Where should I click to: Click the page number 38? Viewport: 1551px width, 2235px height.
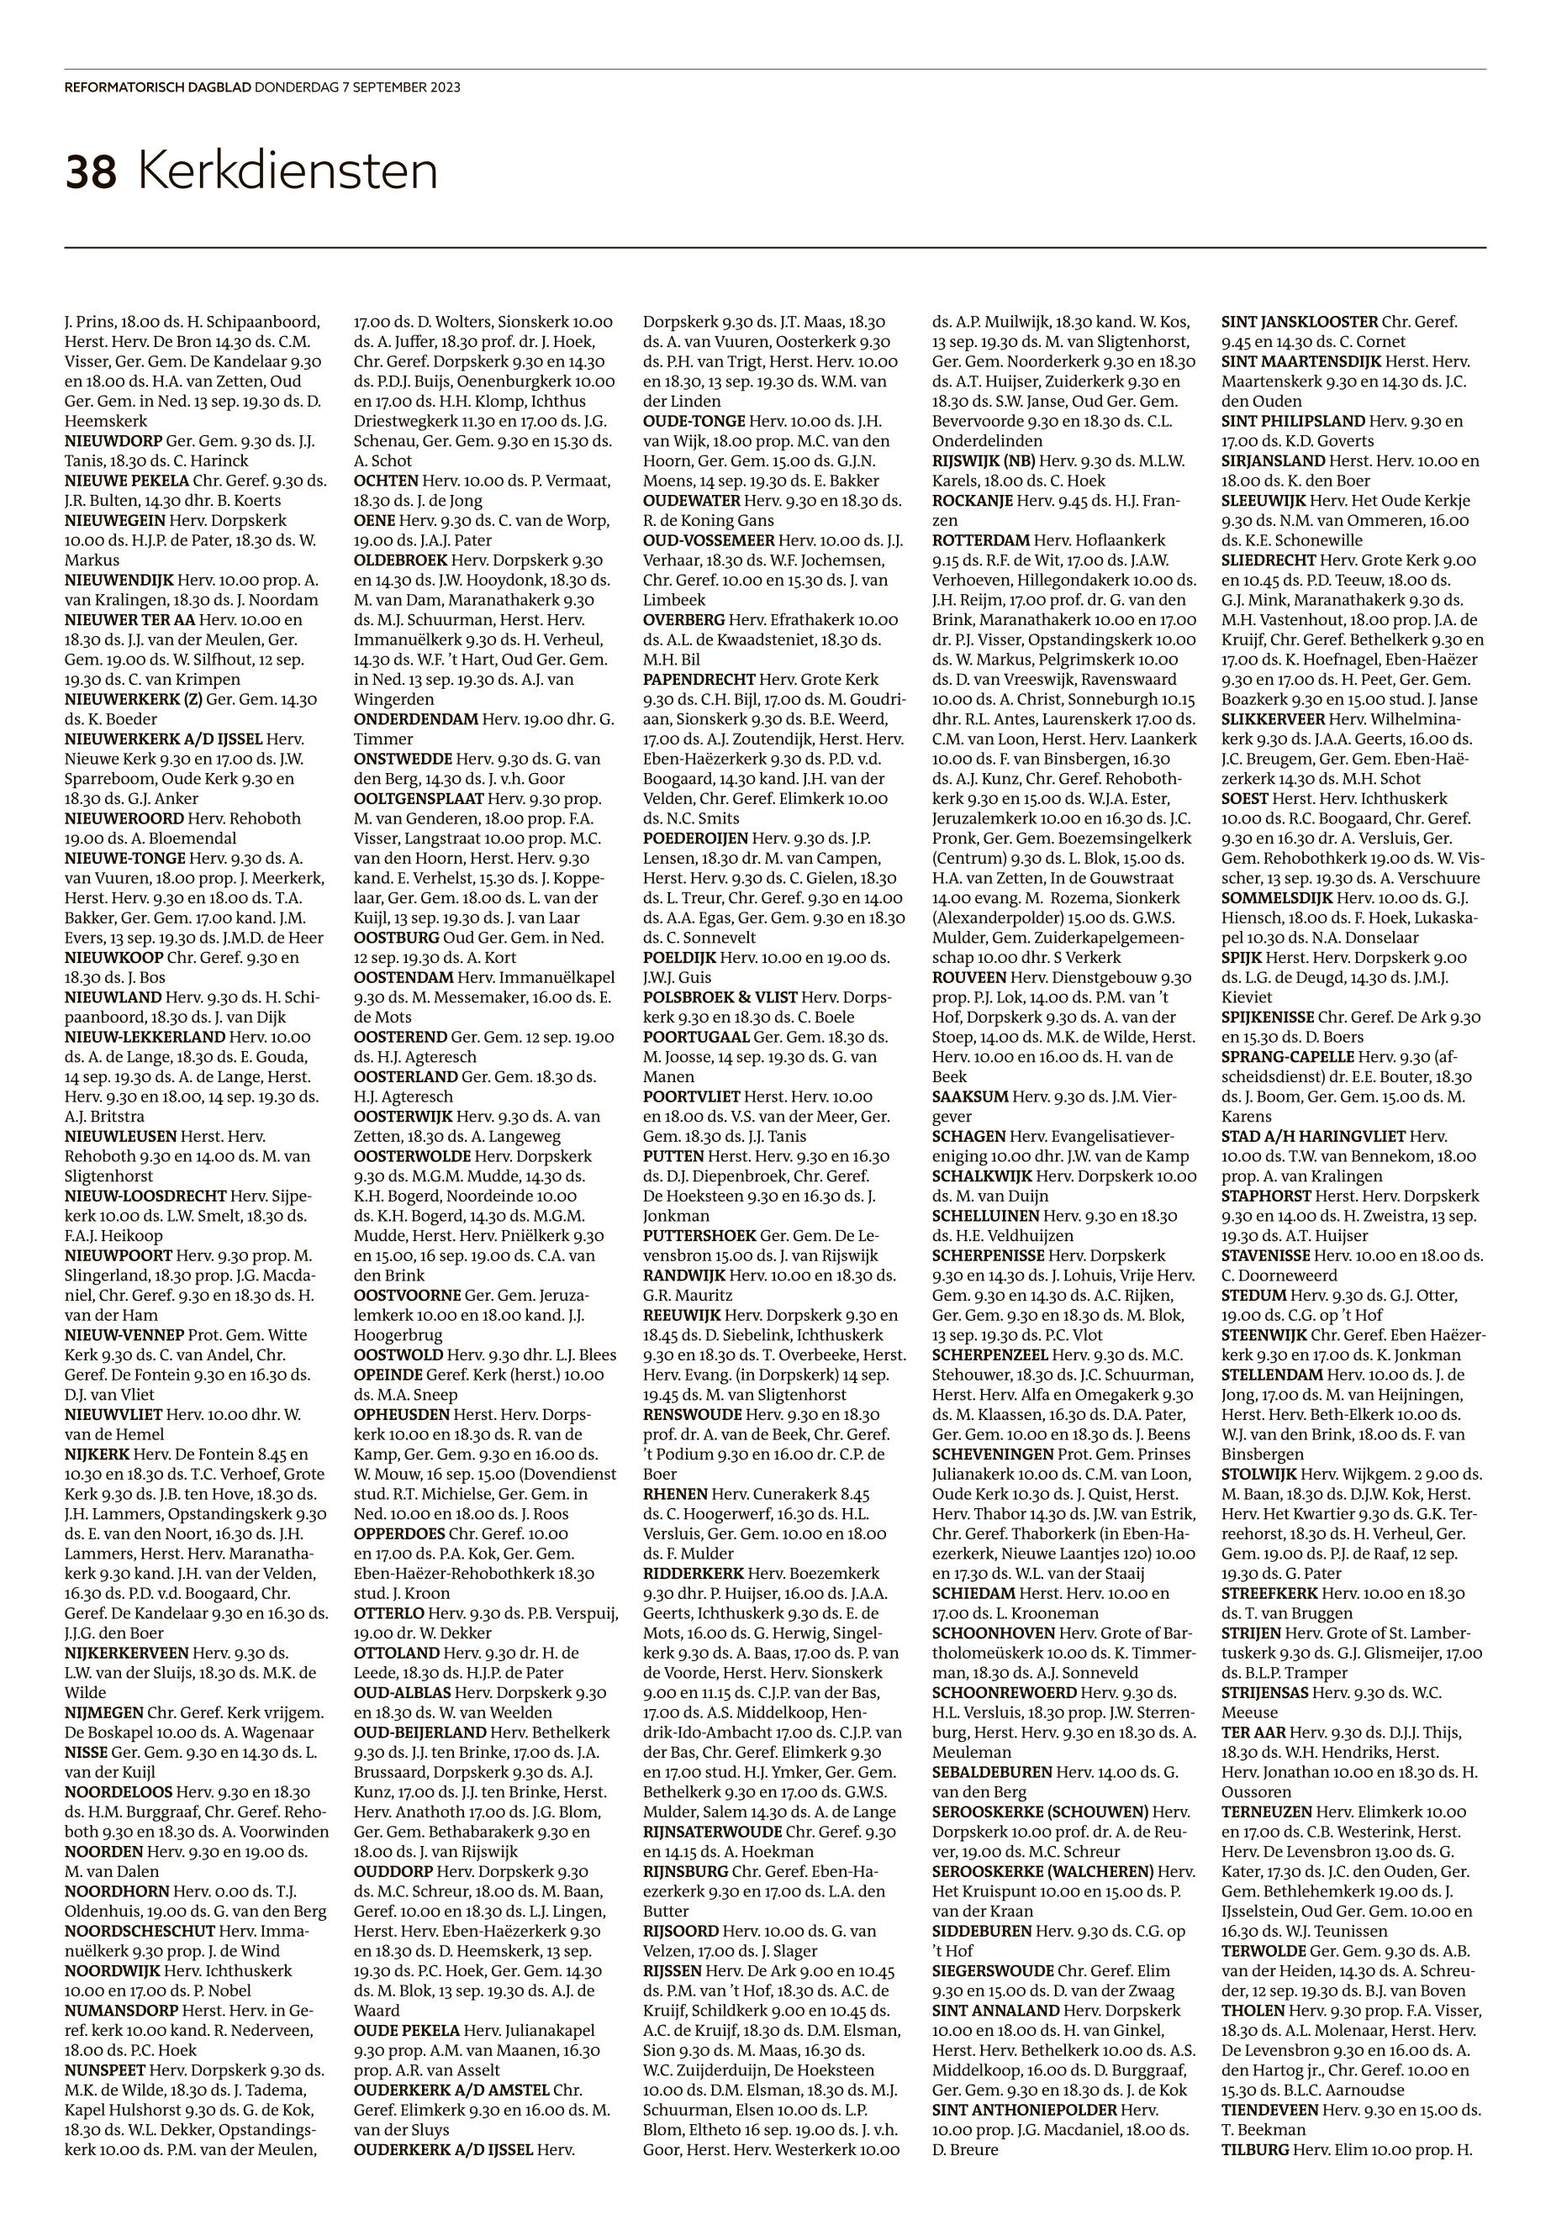pos(91,173)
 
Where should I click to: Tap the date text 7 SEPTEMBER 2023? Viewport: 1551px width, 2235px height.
pos(400,87)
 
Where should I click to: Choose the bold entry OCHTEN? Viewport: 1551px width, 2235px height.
pos(386,481)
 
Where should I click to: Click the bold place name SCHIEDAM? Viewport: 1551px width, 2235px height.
pos(973,1593)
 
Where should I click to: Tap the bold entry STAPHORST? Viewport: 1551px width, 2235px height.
pos(1265,1196)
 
